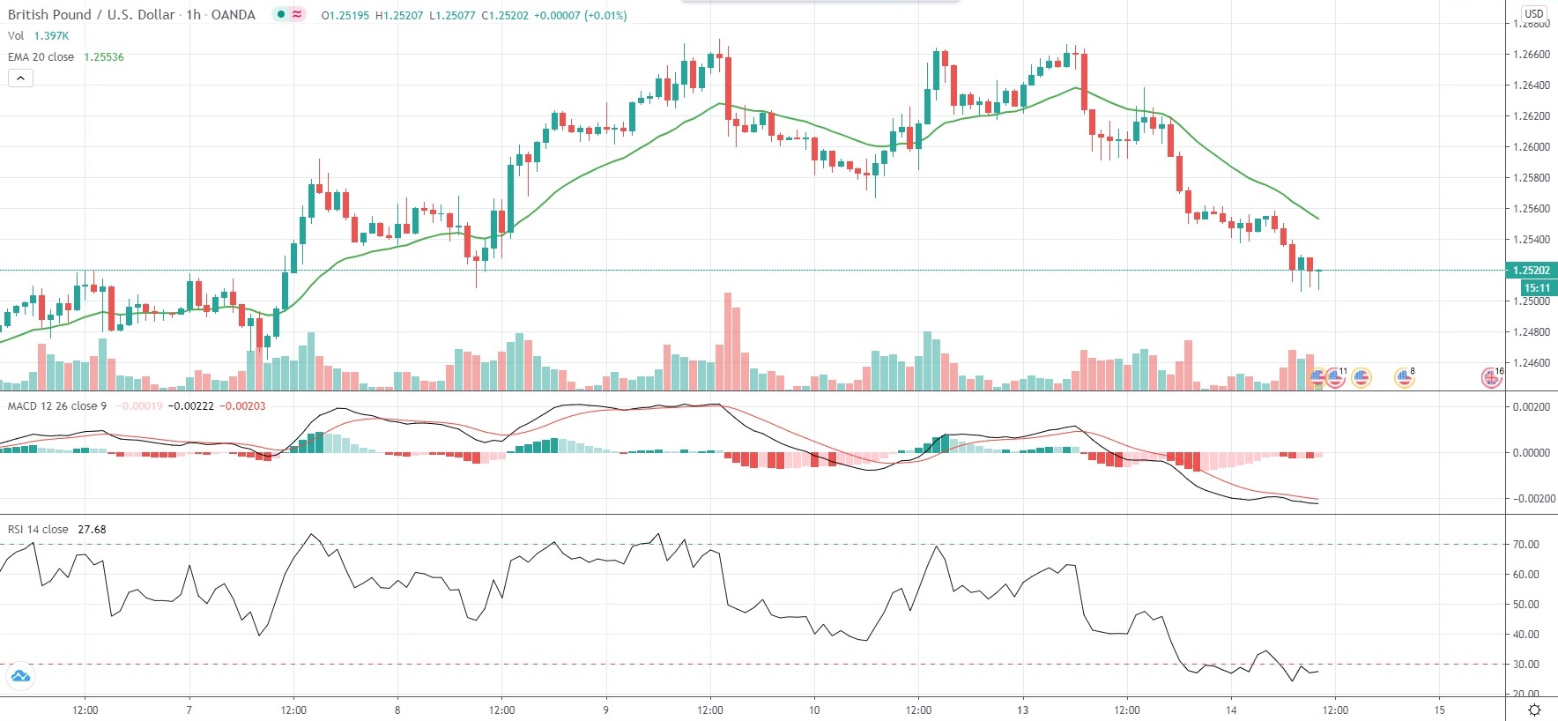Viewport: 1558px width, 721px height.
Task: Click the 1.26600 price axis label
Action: tap(1531, 55)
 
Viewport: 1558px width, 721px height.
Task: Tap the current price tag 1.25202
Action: tap(1531, 271)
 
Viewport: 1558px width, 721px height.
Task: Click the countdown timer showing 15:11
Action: tap(1537, 288)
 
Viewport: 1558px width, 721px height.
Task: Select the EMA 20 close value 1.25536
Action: tap(104, 57)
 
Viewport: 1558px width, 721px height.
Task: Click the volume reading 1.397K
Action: tap(51, 36)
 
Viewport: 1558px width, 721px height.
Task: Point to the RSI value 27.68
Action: tap(92, 530)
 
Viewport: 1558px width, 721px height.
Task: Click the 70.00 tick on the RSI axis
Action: tap(1525, 545)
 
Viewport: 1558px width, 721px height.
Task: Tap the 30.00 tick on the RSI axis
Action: tap(1525, 665)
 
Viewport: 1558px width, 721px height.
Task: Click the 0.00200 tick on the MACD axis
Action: tap(1531, 407)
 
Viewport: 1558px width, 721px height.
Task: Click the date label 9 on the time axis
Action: tap(606, 710)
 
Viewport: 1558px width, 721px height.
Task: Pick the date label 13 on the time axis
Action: tap(1022, 710)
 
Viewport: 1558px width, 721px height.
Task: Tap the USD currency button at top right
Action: tap(1534, 13)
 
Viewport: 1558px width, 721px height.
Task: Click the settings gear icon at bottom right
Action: tap(1534, 710)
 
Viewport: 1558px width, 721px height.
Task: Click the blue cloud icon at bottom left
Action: tap(19, 677)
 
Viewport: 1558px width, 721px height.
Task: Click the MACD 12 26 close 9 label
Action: tap(57, 406)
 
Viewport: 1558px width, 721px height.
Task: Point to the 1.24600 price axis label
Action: tap(1531, 363)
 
